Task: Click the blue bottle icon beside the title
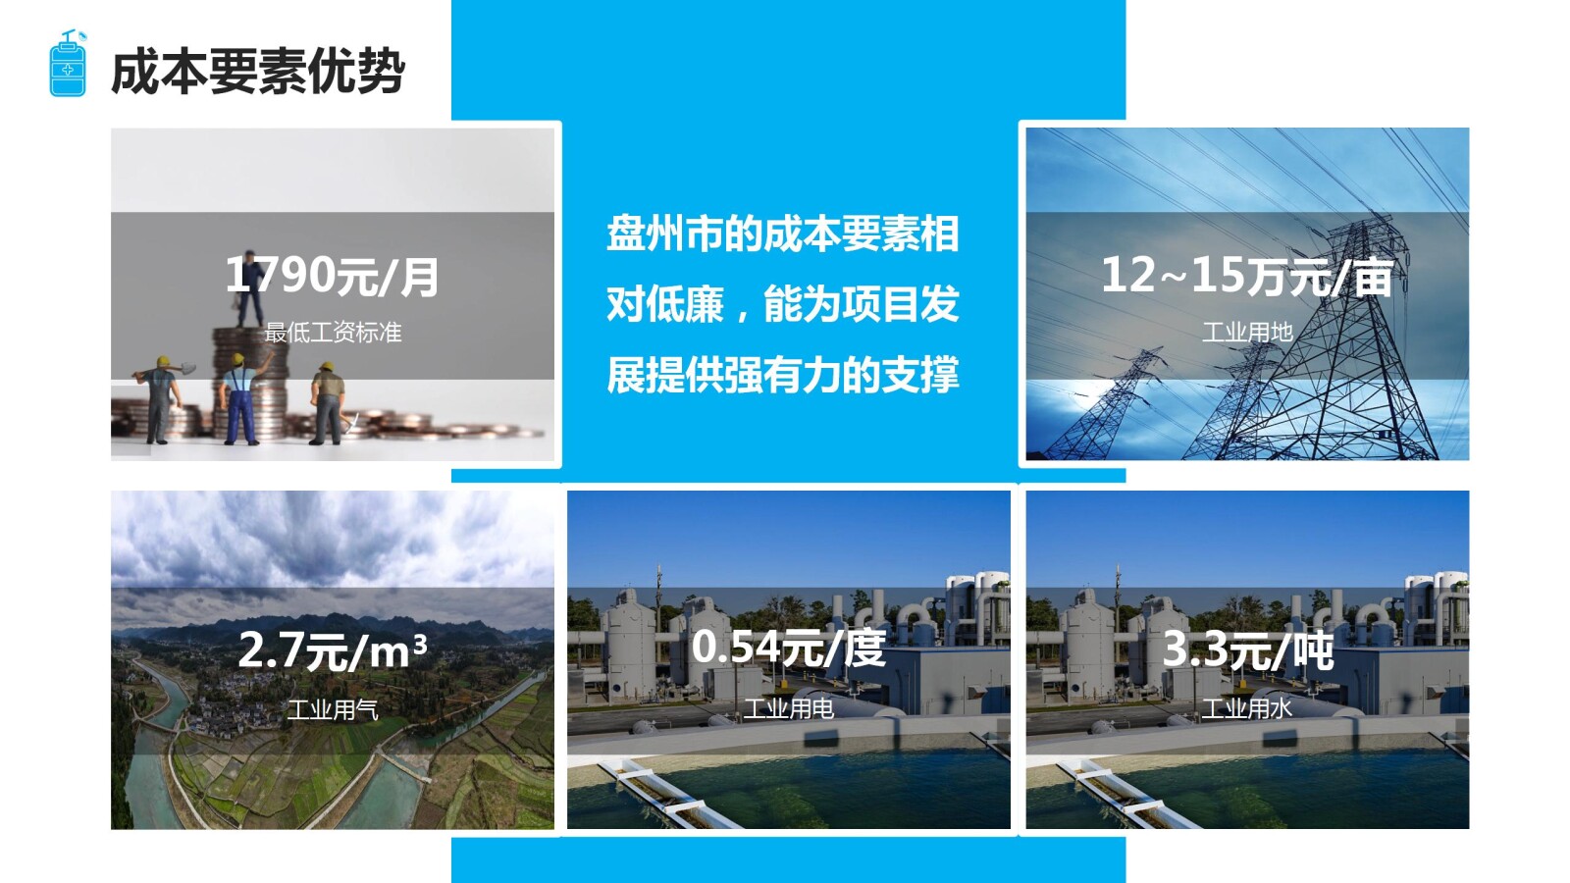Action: point(68,65)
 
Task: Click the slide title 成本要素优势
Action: point(257,73)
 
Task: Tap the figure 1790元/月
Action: point(333,276)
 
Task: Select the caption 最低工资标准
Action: point(333,333)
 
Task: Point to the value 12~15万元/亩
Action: point(1246,276)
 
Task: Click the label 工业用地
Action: point(1247,333)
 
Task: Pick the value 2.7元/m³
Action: point(333,650)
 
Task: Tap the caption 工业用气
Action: point(333,708)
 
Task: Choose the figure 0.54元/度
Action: point(789,648)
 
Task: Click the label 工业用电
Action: point(789,708)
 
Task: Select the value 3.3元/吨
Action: point(1247,649)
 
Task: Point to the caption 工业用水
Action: point(1247,708)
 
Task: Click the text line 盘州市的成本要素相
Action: point(782,234)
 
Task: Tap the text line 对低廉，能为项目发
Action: point(782,304)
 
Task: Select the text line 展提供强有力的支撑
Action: point(782,375)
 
